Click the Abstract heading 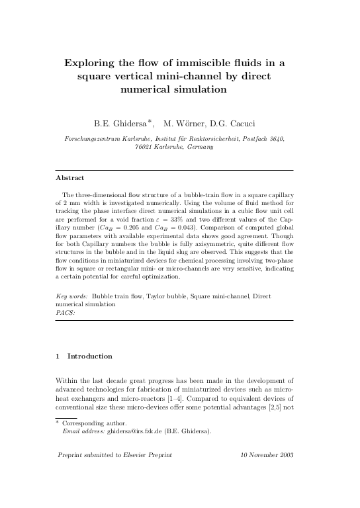pos(69,178)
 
